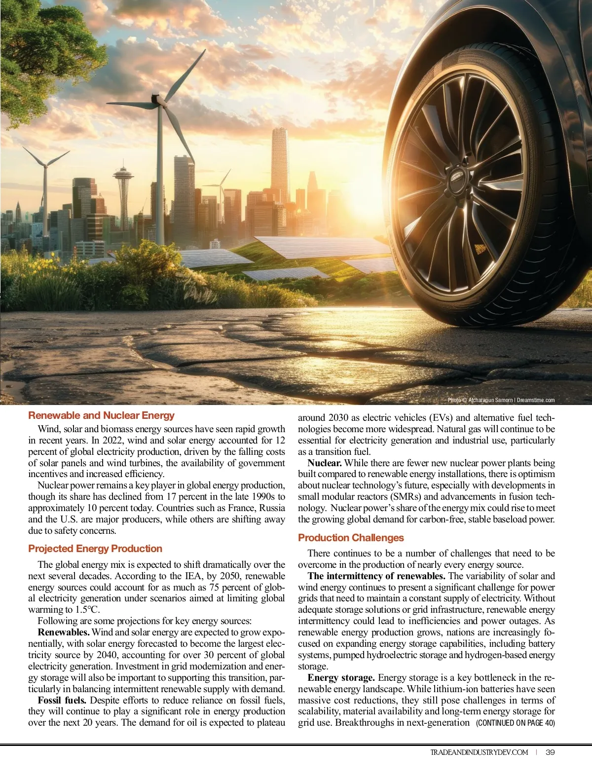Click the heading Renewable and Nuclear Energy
(101, 415)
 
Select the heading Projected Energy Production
(95, 549)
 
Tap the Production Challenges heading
(350, 538)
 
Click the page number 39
(550, 752)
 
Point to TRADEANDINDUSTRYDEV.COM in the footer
(479, 752)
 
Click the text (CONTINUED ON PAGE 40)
(515, 723)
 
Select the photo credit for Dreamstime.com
(501, 400)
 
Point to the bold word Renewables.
(64, 632)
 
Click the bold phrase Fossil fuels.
(62, 701)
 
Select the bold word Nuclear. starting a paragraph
(324, 463)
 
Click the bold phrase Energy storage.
(341, 678)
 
